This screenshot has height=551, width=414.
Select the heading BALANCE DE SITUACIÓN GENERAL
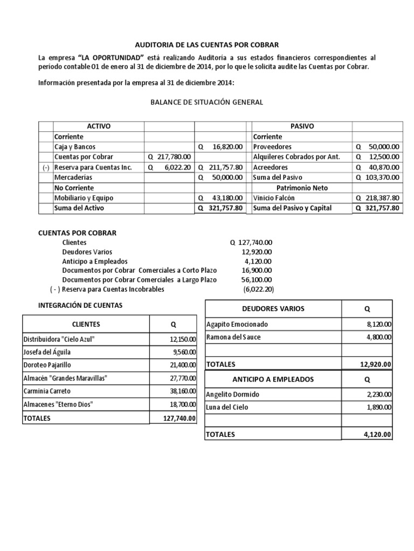[206, 102]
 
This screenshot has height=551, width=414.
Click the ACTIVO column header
[99, 126]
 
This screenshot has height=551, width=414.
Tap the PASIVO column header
[302, 126]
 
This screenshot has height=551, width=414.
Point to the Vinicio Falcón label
[274, 197]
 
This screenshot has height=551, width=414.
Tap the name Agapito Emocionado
[237, 324]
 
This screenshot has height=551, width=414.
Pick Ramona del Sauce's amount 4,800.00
[379, 337]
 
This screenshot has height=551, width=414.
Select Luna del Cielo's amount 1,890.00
[379, 407]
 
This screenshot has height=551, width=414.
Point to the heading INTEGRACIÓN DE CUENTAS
[80, 305]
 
